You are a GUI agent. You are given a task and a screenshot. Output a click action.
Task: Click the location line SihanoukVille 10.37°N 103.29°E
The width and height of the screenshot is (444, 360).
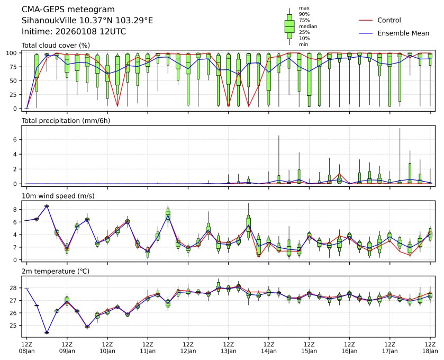[87, 21]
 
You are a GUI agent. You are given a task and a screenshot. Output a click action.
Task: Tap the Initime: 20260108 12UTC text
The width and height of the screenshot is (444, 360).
[74, 31]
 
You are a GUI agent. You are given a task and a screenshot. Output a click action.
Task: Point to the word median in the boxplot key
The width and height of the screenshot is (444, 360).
[308, 26]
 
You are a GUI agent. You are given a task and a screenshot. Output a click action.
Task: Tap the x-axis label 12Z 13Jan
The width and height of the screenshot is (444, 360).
[228, 347]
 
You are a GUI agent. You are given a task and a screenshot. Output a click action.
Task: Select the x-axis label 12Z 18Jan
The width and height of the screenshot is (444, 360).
[430, 347]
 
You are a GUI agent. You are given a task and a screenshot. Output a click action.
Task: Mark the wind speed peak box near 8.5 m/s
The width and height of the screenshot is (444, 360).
[47, 206]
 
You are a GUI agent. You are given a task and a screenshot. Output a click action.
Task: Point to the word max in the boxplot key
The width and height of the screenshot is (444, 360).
[304, 8]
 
